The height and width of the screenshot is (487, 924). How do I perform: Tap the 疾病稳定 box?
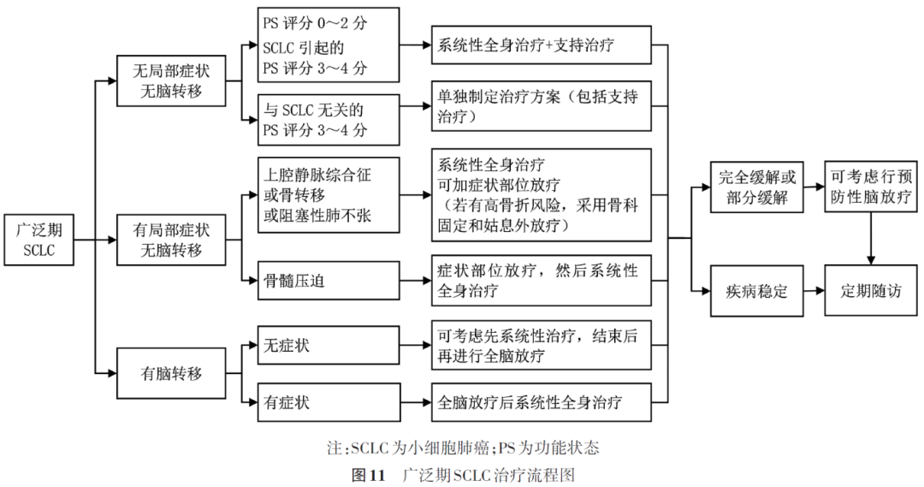point(756,291)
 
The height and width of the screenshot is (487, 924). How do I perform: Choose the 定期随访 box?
point(871,291)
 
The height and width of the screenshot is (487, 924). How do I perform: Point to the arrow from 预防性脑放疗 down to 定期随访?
point(871,239)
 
